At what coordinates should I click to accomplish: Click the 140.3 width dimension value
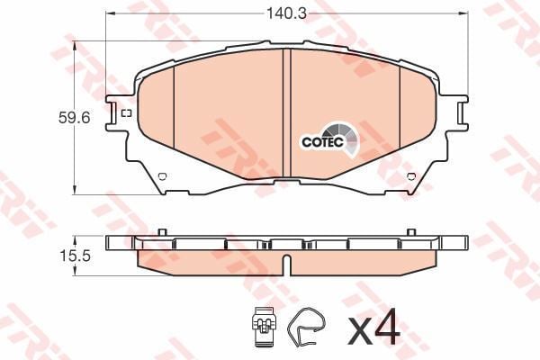pyautogui.click(x=286, y=13)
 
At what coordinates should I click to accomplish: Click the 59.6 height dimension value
pyautogui.click(x=74, y=118)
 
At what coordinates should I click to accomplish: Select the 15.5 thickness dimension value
pyautogui.click(x=75, y=256)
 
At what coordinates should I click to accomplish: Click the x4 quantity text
pyautogui.click(x=374, y=327)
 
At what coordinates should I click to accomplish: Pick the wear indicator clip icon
pyautogui.click(x=264, y=326)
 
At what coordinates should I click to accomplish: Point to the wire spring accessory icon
pyautogui.click(x=306, y=326)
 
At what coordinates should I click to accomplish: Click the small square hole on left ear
pyautogui.click(x=127, y=113)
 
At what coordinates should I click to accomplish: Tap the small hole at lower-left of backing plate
pyautogui.click(x=162, y=176)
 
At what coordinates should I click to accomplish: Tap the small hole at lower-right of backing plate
pyautogui.click(x=411, y=176)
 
